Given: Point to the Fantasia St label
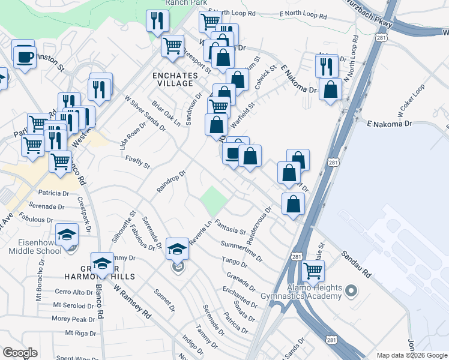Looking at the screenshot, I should pos(231,227).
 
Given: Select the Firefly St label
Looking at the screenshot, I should pos(137,161).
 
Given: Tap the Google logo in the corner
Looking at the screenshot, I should pos(20,353).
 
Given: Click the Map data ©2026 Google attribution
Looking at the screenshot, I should pos(411,355).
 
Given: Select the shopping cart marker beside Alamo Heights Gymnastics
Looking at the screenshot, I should pos(313,271).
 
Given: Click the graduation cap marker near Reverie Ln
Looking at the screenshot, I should pos(177,248).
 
